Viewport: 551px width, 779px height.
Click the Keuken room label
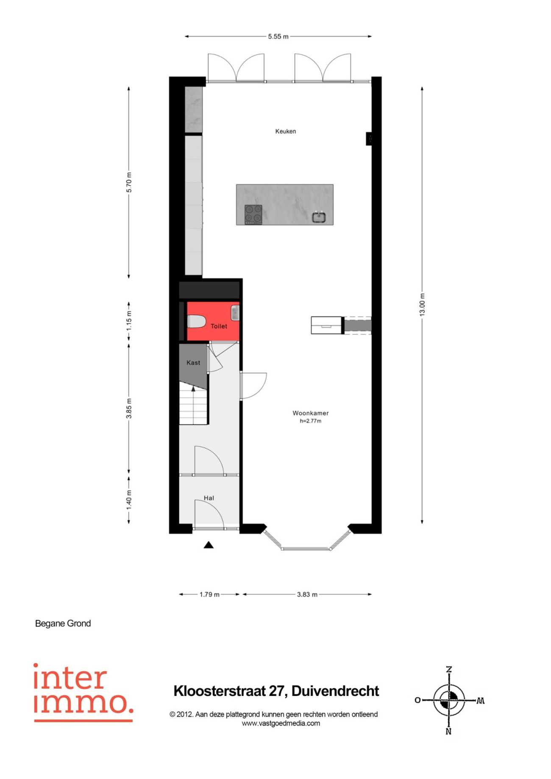(x=286, y=131)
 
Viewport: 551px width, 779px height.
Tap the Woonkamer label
(x=311, y=413)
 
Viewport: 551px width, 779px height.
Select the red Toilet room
(x=213, y=321)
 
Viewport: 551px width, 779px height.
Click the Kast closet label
(x=193, y=362)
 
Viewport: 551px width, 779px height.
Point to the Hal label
(x=209, y=498)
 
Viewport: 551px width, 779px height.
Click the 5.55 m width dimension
(x=278, y=36)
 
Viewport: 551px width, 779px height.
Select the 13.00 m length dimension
(x=422, y=305)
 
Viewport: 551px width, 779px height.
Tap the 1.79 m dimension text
(x=210, y=595)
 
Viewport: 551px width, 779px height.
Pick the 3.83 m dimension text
(x=307, y=595)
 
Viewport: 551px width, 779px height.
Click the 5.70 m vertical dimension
(x=129, y=183)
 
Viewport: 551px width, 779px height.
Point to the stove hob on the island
(x=253, y=214)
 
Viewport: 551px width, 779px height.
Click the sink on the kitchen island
(x=319, y=217)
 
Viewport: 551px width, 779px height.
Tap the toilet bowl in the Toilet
(x=196, y=321)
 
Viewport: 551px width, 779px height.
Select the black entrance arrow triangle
(x=209, y=545)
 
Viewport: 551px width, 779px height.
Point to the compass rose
(x=449, y=700)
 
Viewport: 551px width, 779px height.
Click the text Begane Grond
(x=63, y=623)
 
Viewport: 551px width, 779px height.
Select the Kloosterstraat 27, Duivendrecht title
(x=276, y=691)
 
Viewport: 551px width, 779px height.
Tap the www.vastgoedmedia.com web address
(x=281, y=723)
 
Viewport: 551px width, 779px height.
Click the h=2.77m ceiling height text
(x=311, y=421)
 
